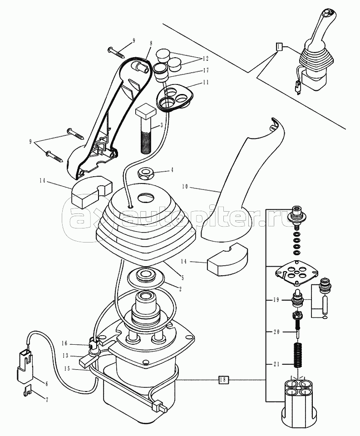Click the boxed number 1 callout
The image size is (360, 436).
click(279, 46)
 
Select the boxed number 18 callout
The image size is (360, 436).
click(222, 379)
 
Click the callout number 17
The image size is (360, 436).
click(206, 70)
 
